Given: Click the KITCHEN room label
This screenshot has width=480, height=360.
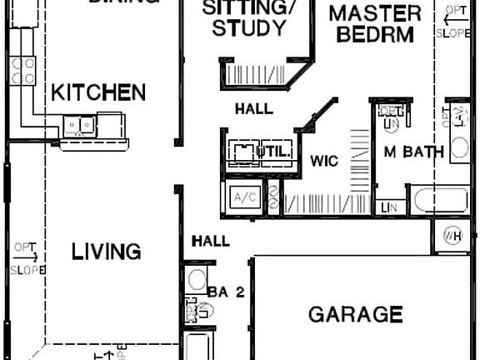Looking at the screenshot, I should tap(98, 92).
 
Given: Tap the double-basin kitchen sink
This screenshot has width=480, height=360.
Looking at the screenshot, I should tap(81, 126).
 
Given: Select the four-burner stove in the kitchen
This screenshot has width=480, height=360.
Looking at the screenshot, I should tap(22, 69).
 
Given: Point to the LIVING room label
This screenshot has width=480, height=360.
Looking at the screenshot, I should tap(105, 251).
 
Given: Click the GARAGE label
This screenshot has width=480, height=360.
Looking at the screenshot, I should tap(355, 314).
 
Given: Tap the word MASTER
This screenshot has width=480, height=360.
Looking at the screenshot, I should tap(373, 14).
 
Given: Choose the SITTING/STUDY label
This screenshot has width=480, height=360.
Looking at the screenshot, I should tap(249, 18).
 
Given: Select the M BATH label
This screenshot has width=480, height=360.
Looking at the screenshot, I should tap(412, 152).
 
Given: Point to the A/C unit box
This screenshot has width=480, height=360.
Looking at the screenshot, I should tap(244, 198).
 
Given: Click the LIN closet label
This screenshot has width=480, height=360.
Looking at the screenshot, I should tap(387, 207).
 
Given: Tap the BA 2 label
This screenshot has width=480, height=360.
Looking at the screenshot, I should tap(227, 292).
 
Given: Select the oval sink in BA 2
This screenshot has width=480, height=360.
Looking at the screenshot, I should tap(197, 279).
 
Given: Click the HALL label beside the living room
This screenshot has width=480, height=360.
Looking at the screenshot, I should tap(210, 241).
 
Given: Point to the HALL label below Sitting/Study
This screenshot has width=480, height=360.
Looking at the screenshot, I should tap(253, 108).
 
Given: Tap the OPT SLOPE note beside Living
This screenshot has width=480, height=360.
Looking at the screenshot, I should tap(22, 257).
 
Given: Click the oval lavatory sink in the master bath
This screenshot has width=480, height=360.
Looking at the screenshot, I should tap(460, 148).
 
